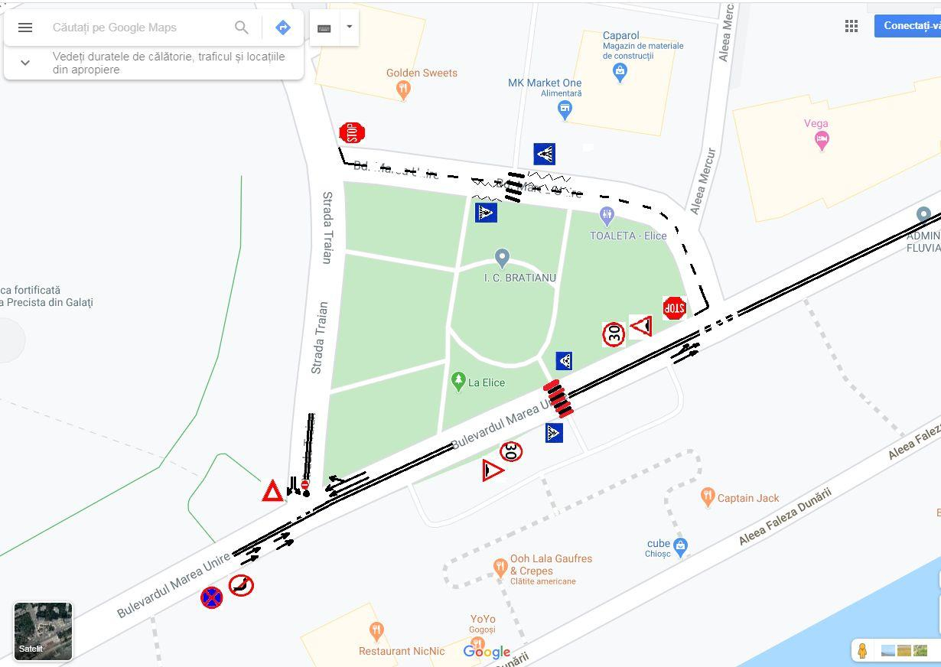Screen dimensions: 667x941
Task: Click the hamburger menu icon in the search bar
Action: point(25,28)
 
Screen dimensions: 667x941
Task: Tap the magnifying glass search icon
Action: point(242,28)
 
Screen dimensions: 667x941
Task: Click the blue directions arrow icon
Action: point(283,28)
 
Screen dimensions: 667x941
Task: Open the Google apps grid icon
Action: point(851,26)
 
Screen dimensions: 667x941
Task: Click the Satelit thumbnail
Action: point(43,631)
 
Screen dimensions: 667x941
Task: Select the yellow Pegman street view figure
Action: point(862,650)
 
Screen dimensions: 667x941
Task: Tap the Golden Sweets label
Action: point(422,73)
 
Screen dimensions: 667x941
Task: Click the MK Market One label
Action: point(545,83)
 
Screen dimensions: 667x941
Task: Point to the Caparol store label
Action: point(620,36)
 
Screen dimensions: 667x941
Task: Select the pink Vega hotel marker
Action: point(822,141)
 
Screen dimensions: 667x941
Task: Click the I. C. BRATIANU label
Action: point(520,278)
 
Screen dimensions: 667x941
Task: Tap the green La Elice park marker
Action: point(458,381)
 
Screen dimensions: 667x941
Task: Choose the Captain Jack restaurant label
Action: point(747,498)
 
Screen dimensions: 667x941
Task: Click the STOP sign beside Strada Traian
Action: point(352,133)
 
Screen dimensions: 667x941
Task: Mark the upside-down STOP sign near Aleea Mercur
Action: point(674,308)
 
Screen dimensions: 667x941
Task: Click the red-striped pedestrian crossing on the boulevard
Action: point(558,399)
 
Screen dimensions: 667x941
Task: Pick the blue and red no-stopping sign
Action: point(211,597)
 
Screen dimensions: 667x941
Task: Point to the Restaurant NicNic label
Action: point(402,651)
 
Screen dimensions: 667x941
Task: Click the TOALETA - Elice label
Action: point(628,236)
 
